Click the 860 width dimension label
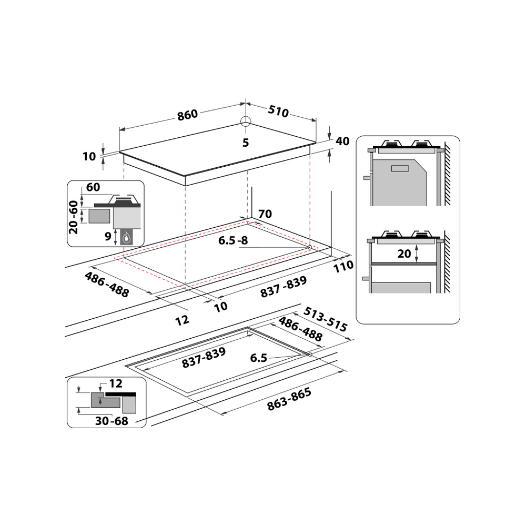tap(188, 115)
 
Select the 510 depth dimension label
tap(278, 112)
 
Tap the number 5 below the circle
tap(246, 143)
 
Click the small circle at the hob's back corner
tap(246, 122)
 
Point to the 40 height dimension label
tap(342, 141)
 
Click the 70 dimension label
tap(265, 214)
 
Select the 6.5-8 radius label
tap(233, 240)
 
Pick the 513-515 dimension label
tap(325, 319)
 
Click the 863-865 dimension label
tap(289, 399)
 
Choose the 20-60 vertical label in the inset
tap(74, 217)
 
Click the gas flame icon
tap(126, 238)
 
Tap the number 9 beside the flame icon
tap(108, 237)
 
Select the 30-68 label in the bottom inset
tap(112, 421)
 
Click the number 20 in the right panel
tap(404, 254)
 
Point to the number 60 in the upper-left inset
tap(93, 187)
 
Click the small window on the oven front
tap(400, 169)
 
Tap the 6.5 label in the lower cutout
tap(259, 358)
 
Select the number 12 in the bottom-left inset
tap(116, 383)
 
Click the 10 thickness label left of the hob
tap(89, 156)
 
